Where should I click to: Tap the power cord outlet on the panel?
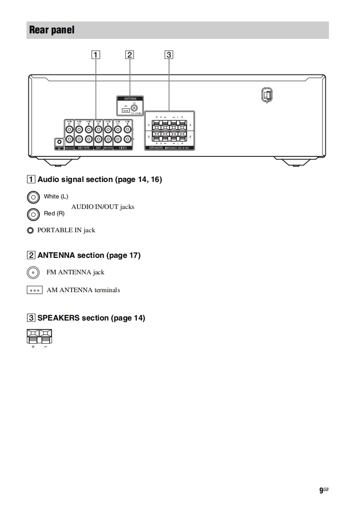tap(267, 94)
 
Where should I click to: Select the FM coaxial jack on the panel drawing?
tap(135, 108)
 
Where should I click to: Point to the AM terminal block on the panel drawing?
tap(126, 110)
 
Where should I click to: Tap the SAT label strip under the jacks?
tap(99, 148)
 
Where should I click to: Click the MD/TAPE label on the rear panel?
tap(84, 148)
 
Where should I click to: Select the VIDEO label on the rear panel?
tap(122, 148)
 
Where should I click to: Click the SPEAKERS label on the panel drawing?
tap(157, 148)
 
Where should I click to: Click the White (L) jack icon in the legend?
tap(32, 197)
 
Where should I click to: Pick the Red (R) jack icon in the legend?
tap(32, 214)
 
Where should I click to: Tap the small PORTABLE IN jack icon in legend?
tap(30, 230)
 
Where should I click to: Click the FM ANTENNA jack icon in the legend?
tap(32, 273)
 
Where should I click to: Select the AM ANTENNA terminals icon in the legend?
tap(34, 290)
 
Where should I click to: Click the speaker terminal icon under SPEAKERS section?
tap(39, 337)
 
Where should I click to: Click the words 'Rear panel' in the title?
tap(52, 30)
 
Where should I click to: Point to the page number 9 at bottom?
tap(321, 490)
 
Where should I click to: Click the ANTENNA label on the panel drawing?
tap(130, 98)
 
